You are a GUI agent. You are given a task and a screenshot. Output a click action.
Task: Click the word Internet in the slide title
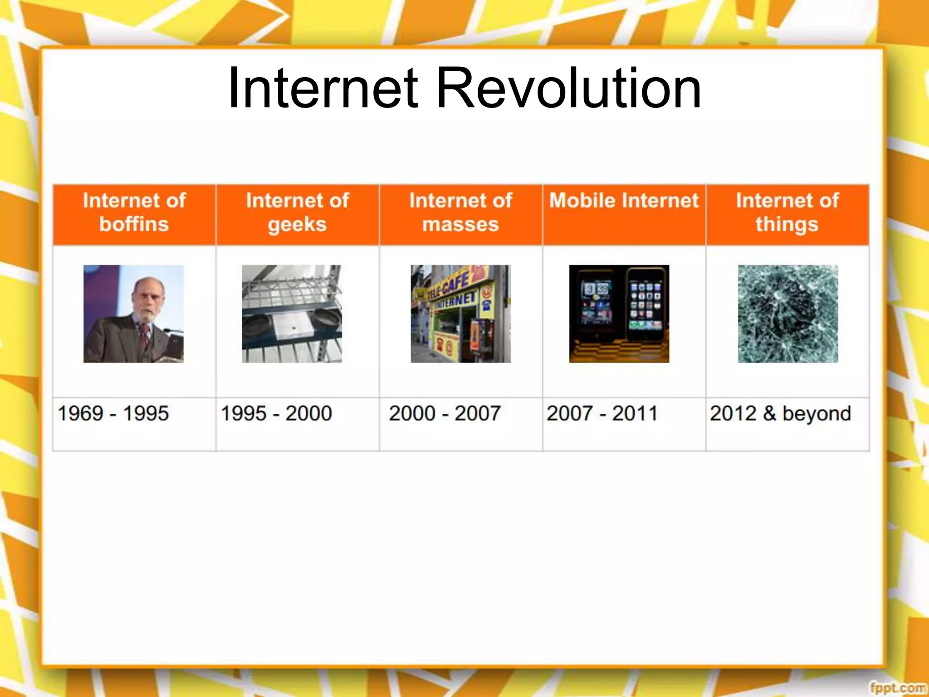click(x=323, y=88)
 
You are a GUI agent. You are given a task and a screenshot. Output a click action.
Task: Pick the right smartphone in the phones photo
click(x=646, y=309)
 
